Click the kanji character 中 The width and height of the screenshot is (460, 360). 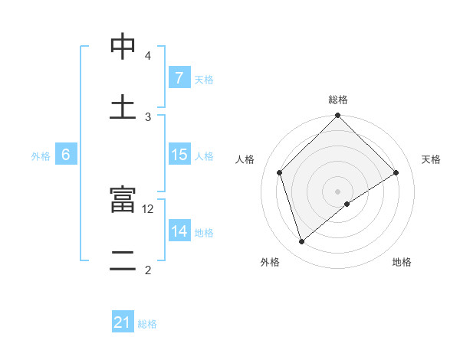click(x=123, y=46)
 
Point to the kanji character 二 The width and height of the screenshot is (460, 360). click(x=123, y=260)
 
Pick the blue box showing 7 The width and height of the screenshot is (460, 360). click(x=179, y=77)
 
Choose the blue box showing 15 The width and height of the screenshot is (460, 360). click(x=179, y=155)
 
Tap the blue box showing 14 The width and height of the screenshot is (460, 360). click(x=179, y=231)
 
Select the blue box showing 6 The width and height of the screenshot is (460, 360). click(x=66, y=155)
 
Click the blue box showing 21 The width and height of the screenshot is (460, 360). click(x=123, y=322)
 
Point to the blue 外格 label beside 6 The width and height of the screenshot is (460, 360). click(x=41, y=155)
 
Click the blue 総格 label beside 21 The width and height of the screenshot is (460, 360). click(x=147, y=324)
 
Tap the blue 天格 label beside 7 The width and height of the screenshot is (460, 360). click(x=204, y=79)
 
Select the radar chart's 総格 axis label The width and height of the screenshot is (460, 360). click(x=338, y=100)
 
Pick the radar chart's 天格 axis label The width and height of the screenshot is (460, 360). click(x=432, y=159)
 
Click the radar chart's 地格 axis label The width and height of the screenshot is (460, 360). click(x=402, y=262)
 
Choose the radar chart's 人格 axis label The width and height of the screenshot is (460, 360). click(x=245, y=159)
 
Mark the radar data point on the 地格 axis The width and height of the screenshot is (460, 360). click(x=347, y=204)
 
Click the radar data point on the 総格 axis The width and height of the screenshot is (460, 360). click(x=338, y=116)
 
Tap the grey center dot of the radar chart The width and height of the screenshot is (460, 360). click(x=338, y=191)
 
